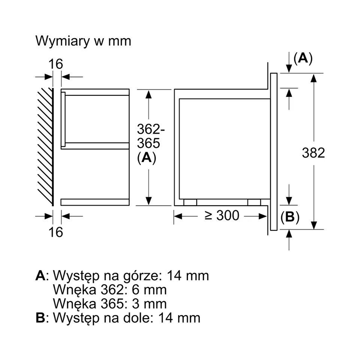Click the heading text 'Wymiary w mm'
click(x=83, y=41)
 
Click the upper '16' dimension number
click(x=55, y=64)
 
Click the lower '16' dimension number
click(x=55, y=232)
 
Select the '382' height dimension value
click(x=313, y=153)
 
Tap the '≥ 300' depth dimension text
click(x=222, y=216)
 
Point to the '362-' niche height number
click(x=151, y=129)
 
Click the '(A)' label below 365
click(x=147, y=158)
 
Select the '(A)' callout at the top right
click(x=303, y=58)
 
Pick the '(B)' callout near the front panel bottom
click(x=290, y=217)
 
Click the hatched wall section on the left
click(x=45, y=147)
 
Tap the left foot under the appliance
click(x=190, y=202)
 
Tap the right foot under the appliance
click(x=254, y=202)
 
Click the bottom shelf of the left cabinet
click(x=95, y=202)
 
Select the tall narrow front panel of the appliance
click(x=274, y=152)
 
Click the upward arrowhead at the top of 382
click(x=314, y=78)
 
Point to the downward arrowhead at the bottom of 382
click(x=314, y=225)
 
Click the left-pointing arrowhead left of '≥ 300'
click(x=178, y=216)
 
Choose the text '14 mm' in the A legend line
click(x=188, y=275)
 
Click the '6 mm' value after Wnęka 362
click(x=149, y=289)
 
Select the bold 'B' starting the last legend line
click(x=40, y=318)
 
